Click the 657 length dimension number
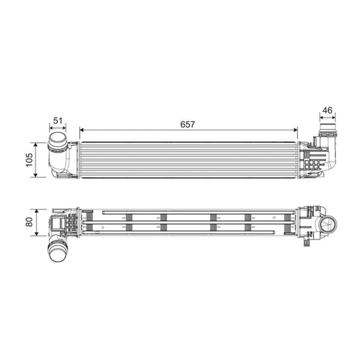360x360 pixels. coord(187,124)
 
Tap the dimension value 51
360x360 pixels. coord(58,120)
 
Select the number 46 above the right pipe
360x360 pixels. coord(328,110)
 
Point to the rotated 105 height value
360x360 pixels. coord(29,160)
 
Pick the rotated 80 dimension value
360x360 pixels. coord(29,222)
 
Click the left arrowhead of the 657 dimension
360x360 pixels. coord(82,130)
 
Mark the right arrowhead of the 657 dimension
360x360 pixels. coord(295,130)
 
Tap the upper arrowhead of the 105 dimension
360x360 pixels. coord(36,144)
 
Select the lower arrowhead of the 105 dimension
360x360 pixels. coord(36,175)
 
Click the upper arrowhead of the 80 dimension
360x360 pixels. coord(36,211)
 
